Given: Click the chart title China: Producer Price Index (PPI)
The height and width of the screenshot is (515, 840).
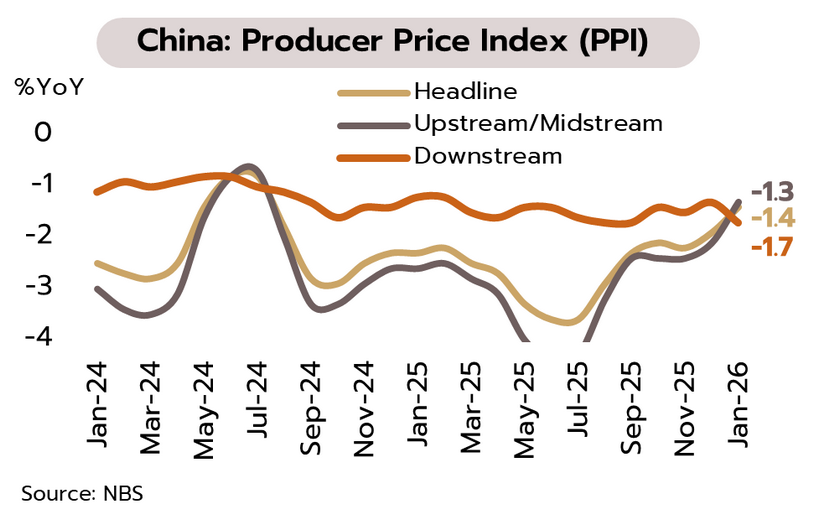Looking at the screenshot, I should pyautogui.click(x=397, y=42).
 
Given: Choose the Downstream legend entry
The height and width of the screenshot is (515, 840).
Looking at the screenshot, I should pyautogui.click(x=488, y=156).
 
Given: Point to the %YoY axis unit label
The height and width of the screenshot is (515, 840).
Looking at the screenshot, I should pyautogui.click(x=49, y=86).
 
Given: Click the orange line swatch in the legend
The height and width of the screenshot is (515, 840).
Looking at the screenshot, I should pyautogui.click(x=373, y=157).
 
